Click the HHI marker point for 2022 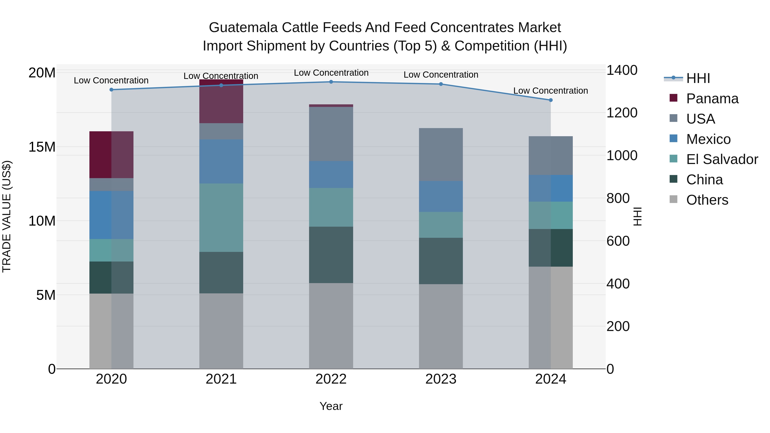coord(331,82)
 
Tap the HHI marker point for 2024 coord(551,100)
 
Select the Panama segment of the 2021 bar coord(221,102)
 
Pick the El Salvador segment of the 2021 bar coord(221,217)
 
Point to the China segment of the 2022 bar coord(331,255)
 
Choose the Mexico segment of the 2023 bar coord(441,196)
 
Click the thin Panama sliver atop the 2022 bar coord(331,105)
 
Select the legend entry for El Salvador coord(722,159)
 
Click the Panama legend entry coord(712,99)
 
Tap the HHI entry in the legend coord(698,78)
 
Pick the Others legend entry coord(707,200)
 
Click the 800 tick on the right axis coord(618,198)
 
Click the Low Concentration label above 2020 coord(111,80)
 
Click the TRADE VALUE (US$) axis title coord(7,216)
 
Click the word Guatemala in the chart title coord(243,28)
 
